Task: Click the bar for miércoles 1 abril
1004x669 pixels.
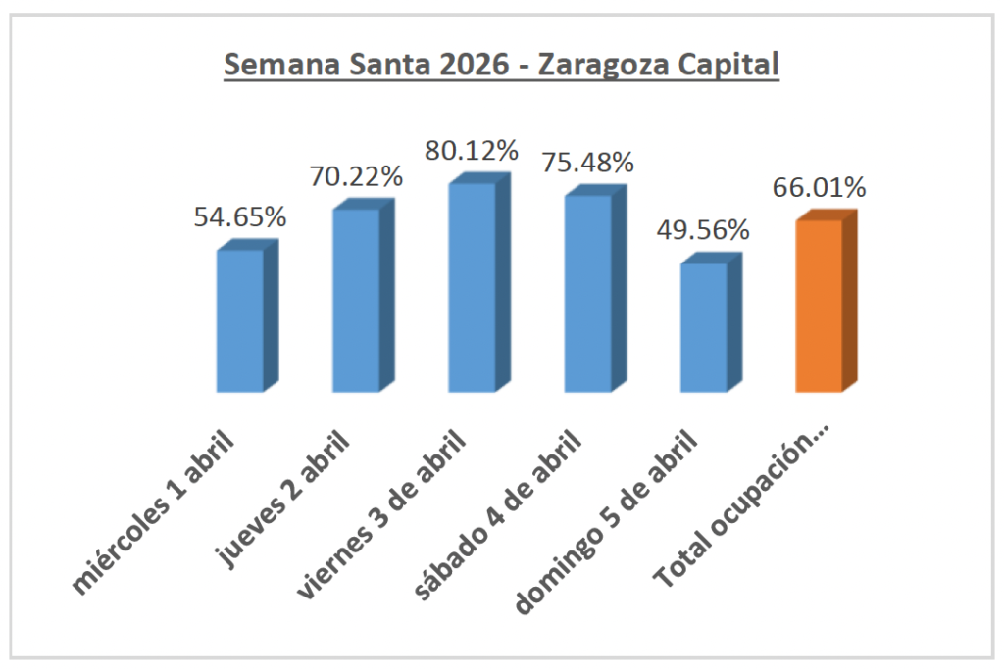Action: tap(240, 320)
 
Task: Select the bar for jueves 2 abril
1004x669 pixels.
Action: tap(356, 300)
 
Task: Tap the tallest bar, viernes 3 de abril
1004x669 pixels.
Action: tap(473, 287)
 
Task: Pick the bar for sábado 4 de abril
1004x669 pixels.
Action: tap(588, 293)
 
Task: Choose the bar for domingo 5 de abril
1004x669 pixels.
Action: tap(704, 327)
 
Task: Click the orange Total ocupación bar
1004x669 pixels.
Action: tap(820, 306)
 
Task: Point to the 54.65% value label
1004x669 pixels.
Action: tap(240, 217)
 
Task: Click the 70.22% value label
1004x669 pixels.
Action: tap(357, 177)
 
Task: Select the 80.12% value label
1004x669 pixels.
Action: tap(472, 151)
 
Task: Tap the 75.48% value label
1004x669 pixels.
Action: tap(588, 163)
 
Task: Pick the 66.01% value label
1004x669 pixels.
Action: tap(820, 188)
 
